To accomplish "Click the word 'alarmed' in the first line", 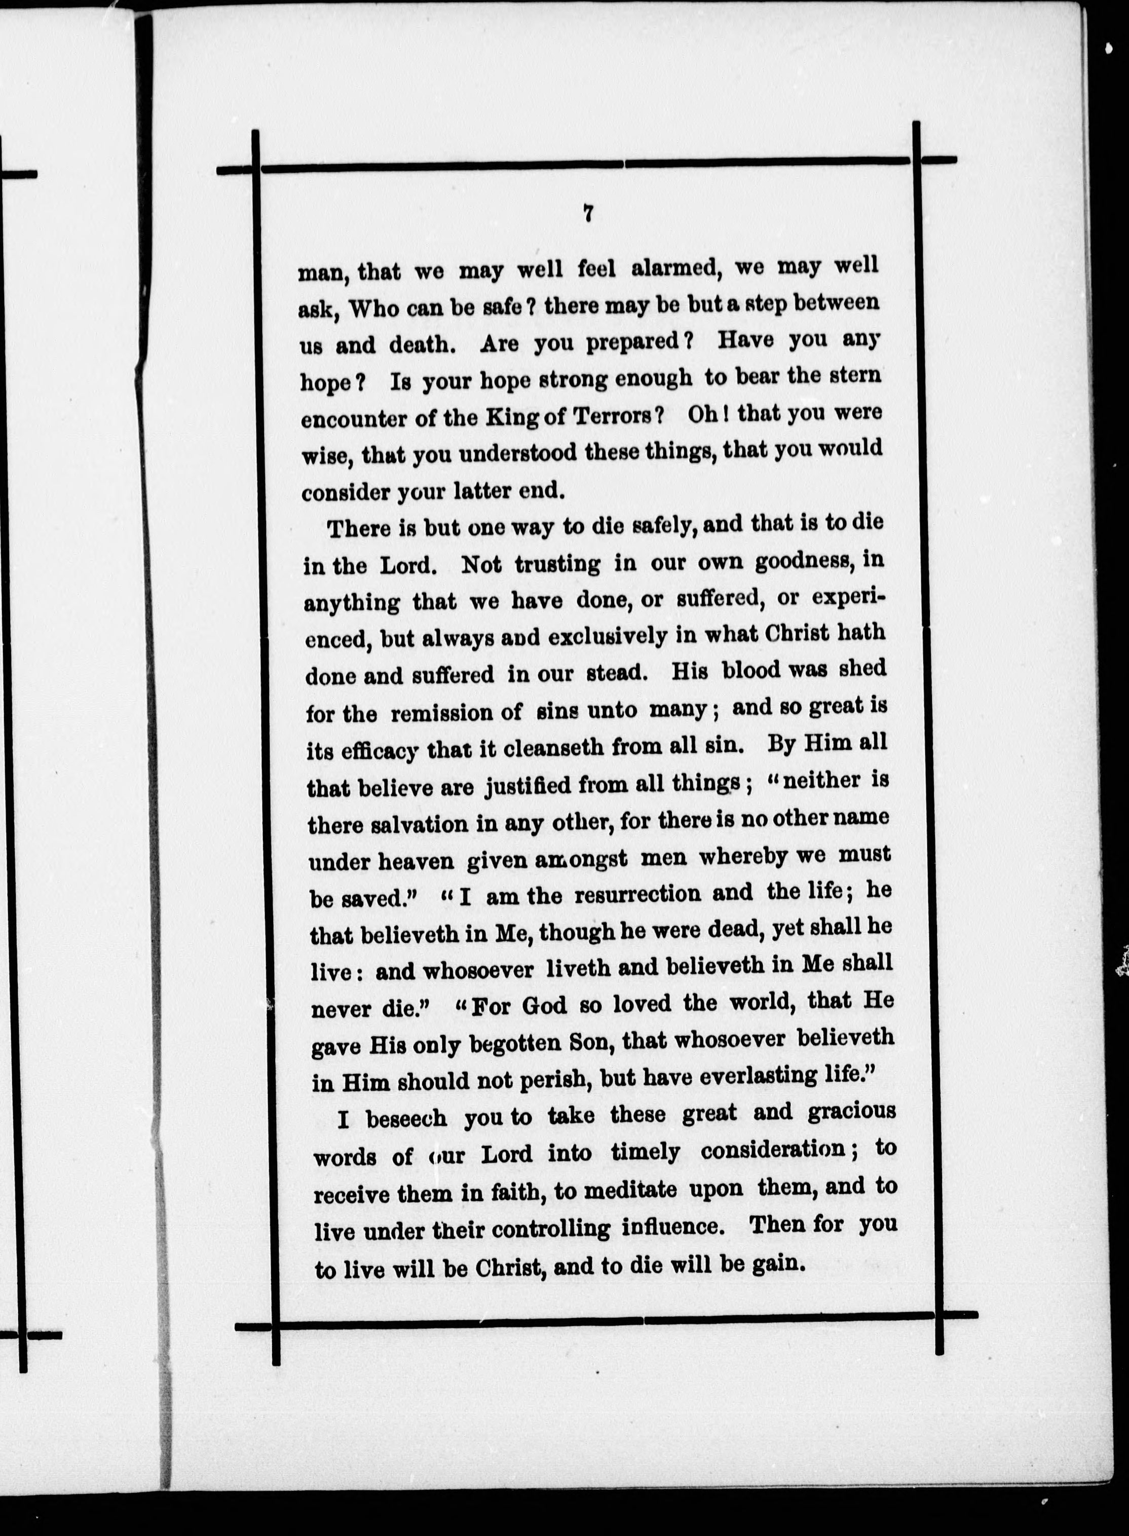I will point(676,267).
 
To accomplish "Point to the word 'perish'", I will point(547,1080).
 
